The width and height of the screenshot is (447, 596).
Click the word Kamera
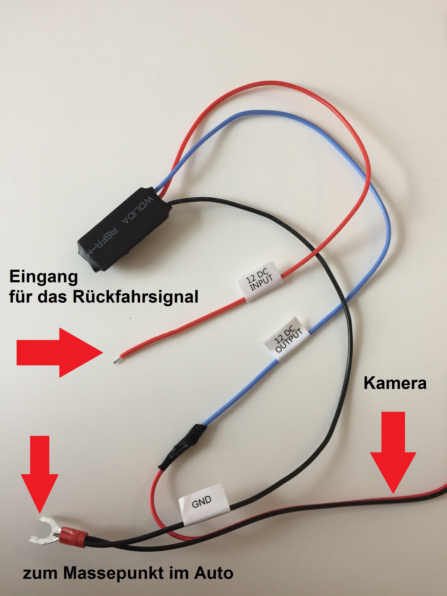click(x=395, y=383)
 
